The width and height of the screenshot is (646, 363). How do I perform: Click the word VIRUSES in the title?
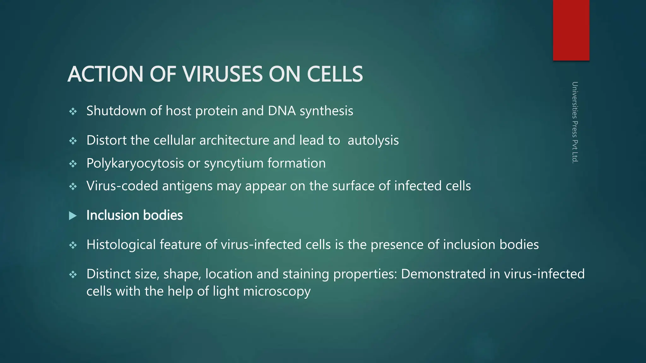(222, 74)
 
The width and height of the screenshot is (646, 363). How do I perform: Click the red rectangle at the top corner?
(571, 30)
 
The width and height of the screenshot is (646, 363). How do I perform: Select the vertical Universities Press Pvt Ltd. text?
(575, 122)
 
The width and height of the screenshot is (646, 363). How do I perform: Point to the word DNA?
(282, 111)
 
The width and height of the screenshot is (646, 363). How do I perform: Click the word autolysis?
(373, 140)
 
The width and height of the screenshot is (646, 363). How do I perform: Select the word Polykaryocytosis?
(135, 163)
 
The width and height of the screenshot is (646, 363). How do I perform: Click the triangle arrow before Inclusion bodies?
(73, 216)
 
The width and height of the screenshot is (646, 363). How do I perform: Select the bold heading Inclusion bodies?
(134, 215)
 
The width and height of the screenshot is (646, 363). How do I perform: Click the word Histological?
(121, 245)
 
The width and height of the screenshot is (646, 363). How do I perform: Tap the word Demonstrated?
(443, 274)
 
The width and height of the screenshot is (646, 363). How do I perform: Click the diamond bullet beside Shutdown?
(73, 112)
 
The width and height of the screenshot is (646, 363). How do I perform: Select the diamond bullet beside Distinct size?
(73, 274)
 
